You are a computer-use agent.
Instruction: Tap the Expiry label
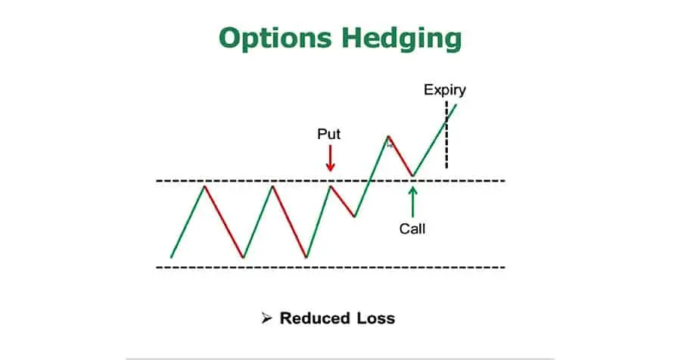tap(444, 90)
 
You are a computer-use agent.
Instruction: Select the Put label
tap(328, 135)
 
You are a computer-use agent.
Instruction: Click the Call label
tap(412, 227)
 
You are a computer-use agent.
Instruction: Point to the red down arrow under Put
tap(330, 158)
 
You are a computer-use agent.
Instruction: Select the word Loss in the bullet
tap(378, 318)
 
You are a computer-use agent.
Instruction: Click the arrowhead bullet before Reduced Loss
tap(266, 318)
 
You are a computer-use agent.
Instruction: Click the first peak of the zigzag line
tap(204, 185)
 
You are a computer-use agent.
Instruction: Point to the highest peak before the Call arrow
tap(388, 137)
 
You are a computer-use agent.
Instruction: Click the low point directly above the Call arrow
tap(412, 176)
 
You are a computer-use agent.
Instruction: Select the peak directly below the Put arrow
tap(330, 185)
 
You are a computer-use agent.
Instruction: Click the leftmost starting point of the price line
tap(172, 257)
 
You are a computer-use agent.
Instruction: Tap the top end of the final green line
tap(456, 102)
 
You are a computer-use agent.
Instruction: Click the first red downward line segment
tap(223, 221)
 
